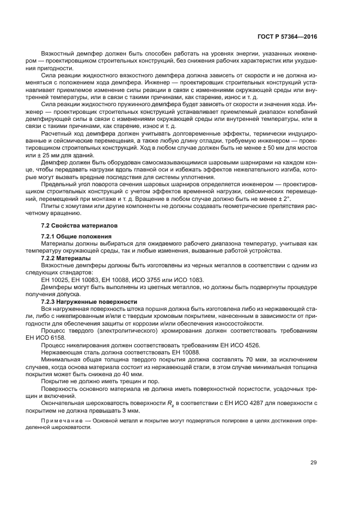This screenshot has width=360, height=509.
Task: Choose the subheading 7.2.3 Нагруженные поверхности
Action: click(x=84, y=301)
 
